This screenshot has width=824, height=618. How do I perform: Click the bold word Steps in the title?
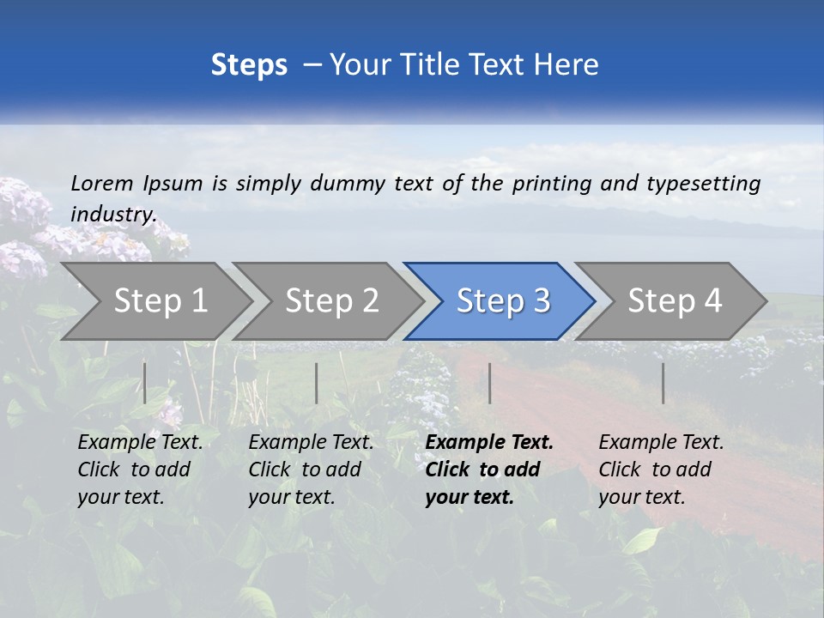coord(249,64)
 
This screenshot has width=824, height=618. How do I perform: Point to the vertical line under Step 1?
coord(145,383)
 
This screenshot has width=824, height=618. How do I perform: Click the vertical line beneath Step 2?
coord(317,383)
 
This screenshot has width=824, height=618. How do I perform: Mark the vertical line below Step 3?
coord(490,383)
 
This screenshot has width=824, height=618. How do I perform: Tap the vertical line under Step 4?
coord(663,383)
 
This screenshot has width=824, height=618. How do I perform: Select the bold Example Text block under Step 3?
coord(489,470)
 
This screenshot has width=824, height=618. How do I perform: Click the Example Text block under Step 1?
coord(140,470)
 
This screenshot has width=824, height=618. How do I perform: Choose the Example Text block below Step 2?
coord(311,470)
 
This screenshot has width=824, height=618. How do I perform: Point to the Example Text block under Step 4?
coord(661,470)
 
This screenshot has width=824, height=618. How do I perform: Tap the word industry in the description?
coord(112,214)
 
